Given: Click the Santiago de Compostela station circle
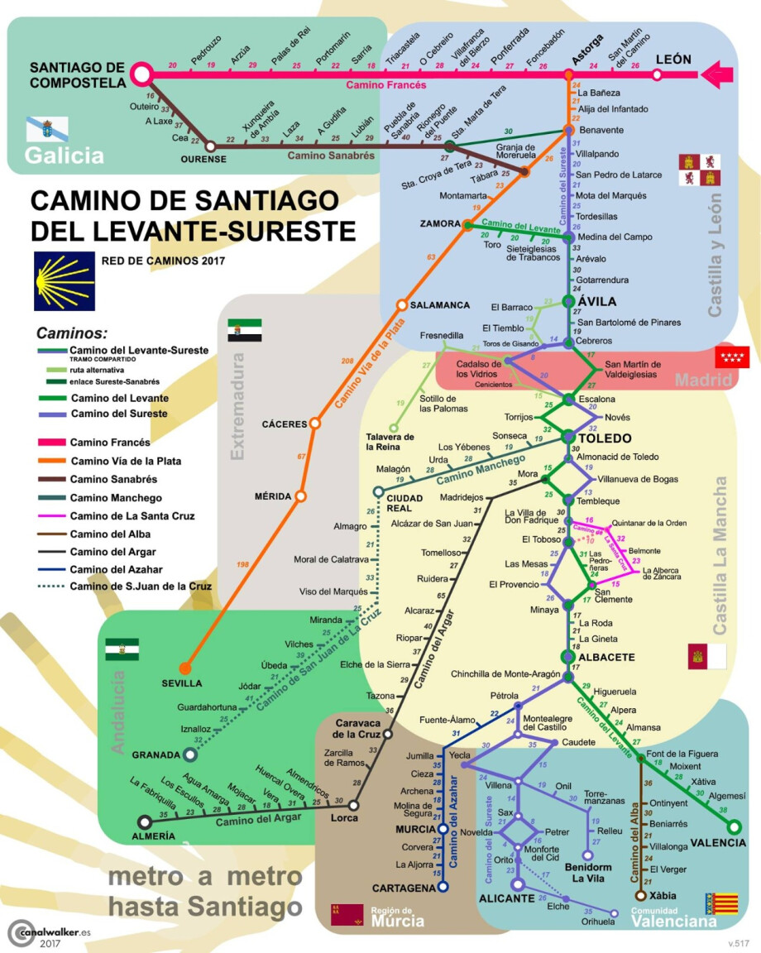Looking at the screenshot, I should (x=141, y=74).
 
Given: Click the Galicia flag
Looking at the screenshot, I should (x=47, y=128).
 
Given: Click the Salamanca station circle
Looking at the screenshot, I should (x=403, y=304).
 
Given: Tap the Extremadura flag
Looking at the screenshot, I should (x=244, y=330).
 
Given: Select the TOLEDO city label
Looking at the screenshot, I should (x=605, y=438).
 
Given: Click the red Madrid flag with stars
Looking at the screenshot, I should (x=731, y=358).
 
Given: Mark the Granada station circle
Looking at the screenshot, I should (x=191, y=754).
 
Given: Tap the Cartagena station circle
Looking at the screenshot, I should (x=443, y=888).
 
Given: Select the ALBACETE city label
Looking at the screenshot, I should (x=606, y=657).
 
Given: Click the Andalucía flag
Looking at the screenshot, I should (x=122, y=649).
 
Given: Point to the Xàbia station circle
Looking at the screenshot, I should (x=640, y=895).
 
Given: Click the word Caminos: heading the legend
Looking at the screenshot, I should (x=71, y=333).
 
